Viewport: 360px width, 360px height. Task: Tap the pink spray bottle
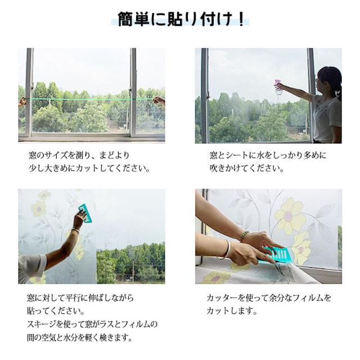click(x=278, y=88)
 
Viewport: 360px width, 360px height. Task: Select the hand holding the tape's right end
click(x=159, y=101)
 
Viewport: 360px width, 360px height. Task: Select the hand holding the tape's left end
click(x=22, y=102)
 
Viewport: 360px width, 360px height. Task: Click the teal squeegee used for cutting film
click(x=279, y=255)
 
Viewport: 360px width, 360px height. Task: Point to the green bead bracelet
click(x=244, y=236)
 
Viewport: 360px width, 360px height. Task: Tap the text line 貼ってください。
click(x=51, y=311)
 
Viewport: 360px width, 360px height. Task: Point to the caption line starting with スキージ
click(x=93, y=325)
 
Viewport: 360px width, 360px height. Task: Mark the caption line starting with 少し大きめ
click(x=90, y=168)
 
